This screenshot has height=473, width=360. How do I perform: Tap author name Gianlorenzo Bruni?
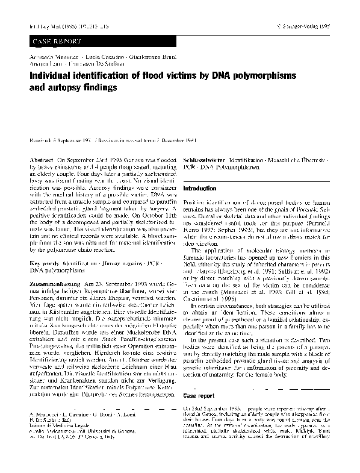point(142,56)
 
